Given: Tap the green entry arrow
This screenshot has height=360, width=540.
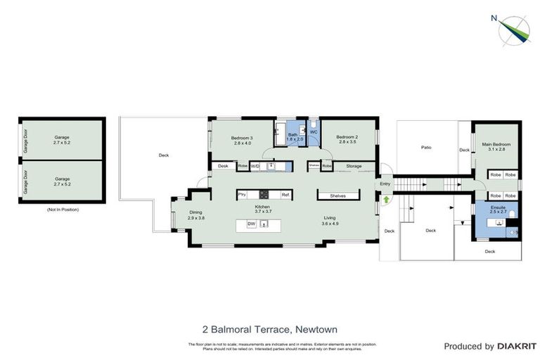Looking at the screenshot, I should (386, 200).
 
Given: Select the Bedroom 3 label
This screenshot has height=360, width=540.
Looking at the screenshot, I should (243, 139).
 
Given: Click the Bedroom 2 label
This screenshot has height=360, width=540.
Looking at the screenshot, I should (347, 139).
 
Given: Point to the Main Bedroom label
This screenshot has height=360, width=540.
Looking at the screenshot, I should (496, 146).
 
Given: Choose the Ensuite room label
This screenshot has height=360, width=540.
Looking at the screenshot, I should (497, 209).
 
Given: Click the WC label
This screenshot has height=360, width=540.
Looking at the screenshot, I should (314, 131).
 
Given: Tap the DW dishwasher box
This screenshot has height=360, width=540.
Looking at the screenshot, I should (250, 224).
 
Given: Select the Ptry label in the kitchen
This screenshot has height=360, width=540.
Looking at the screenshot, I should (242, 195).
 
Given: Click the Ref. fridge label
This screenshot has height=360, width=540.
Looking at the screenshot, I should (285, 195).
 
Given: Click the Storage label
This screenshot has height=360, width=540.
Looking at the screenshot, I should (353, 166).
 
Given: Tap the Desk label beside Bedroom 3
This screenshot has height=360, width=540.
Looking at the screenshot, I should (223, 166).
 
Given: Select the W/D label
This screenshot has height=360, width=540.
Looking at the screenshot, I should (255, 166).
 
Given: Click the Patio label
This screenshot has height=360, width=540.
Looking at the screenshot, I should (426, 148).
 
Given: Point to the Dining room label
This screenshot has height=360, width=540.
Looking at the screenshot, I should (196, 215).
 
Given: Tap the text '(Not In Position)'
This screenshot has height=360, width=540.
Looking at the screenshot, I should (63, 210).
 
